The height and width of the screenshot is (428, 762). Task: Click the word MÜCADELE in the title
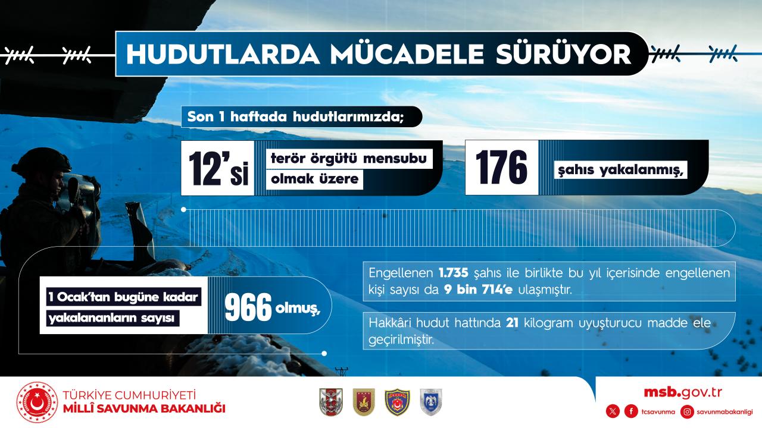(x=407, y=53)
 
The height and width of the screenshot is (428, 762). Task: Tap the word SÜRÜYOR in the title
(x=564, y=54)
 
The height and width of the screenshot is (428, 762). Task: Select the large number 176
(x=501, y=168)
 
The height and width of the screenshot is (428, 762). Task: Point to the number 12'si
(x=218, y=168)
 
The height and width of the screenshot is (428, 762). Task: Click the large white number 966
(x=248, y=307)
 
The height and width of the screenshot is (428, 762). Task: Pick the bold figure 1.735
(x=454, y=273)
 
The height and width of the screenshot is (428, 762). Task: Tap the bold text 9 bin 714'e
(x=478, y=289)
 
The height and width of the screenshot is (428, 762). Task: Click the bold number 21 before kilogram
(x=513, y=323)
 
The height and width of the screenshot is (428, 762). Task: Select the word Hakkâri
(x=390, y=323)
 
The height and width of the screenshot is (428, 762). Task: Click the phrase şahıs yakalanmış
(x=620, y=170)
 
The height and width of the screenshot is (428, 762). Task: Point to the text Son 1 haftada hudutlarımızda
(x=295, y=117)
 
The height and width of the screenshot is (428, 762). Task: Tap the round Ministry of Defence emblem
(x=37, y=402)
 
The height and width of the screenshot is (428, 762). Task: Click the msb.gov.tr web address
(x=683, y=393)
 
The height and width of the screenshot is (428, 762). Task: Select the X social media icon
(x=613, y=412)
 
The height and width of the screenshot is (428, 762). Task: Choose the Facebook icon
(x=631, y=412)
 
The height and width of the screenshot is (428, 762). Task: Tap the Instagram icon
(x=687, y=412)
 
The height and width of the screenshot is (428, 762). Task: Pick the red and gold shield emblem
(x=364, y=402)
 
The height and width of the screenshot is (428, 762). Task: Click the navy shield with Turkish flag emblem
(x=397, y=402)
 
